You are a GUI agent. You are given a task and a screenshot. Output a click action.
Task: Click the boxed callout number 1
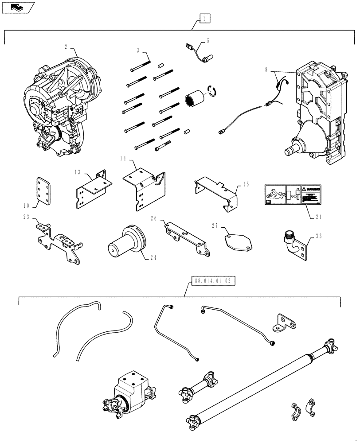coord(204,18)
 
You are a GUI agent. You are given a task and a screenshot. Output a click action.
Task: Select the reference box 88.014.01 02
coord(213,280)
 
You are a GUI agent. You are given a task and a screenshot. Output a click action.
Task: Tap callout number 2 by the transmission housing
coord(67,46)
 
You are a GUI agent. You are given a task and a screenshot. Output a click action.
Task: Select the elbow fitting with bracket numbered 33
coord(294,245)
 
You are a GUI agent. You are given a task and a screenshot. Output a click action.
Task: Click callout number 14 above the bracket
coord(124,158)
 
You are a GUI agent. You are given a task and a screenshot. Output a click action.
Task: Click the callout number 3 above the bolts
coord(138,51)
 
